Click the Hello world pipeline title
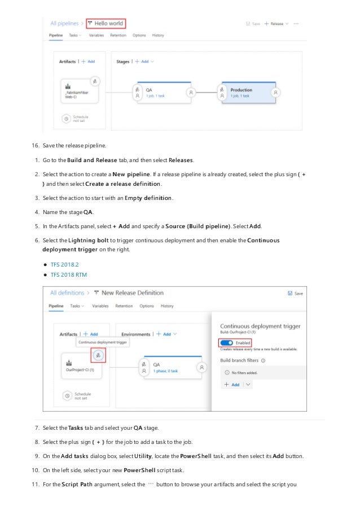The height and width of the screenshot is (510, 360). (108, 24)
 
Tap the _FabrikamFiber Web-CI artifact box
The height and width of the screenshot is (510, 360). (78, 92)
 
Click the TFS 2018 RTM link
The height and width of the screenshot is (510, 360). (69, 275)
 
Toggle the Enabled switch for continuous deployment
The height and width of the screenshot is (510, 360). (226, 343)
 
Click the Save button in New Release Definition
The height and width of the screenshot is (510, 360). (295, 293)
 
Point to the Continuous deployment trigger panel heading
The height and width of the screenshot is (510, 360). (260, 326)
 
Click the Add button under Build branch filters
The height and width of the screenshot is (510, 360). (232, 385)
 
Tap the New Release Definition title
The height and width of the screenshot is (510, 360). (131, 293)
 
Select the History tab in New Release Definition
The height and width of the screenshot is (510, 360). (167, 306)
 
